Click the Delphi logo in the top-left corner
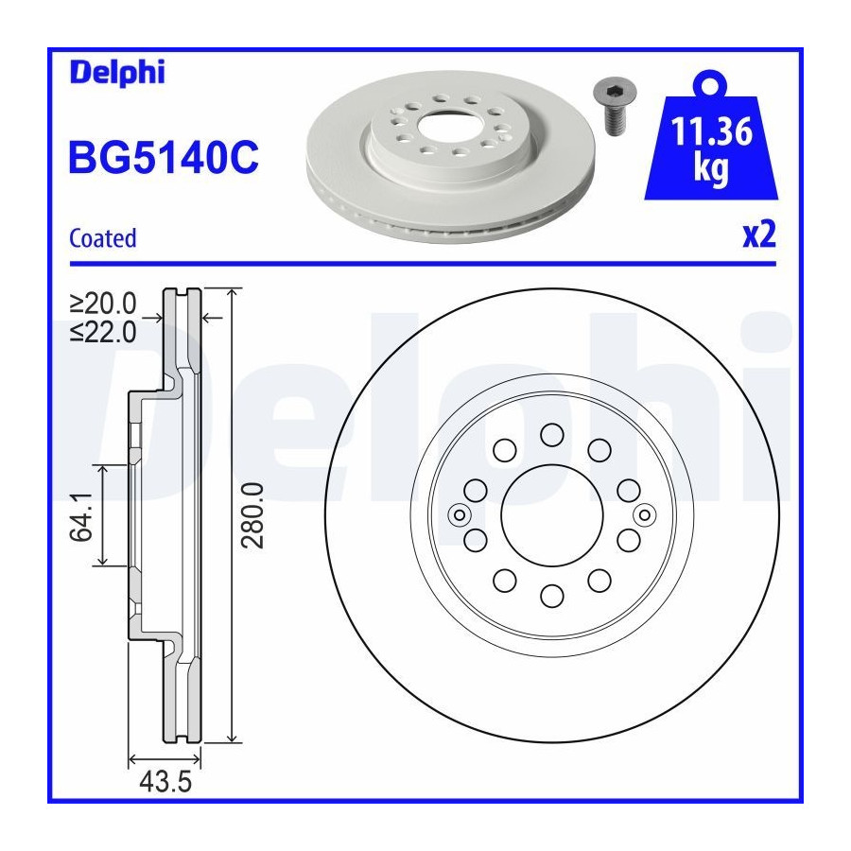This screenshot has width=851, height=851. (117, 72)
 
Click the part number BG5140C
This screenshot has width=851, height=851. (164, 157)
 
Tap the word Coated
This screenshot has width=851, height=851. (102, 238)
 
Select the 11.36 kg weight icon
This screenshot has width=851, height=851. (711, 135)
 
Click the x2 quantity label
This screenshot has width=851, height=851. (759, 234)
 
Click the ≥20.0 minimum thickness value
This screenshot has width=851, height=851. (103, 304)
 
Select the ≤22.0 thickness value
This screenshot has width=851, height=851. (103, 332)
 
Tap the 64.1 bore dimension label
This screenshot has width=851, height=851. (82, 517)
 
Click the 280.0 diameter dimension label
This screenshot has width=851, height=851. (252, 515)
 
